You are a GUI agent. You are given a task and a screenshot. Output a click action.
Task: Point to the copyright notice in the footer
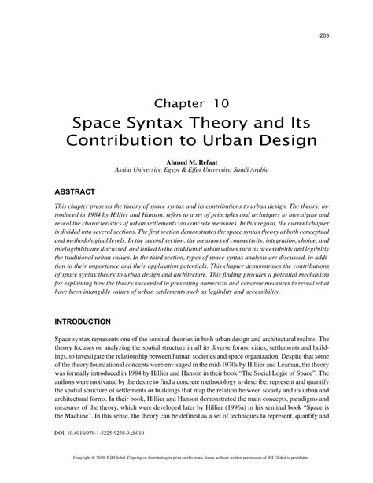point(186,477)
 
